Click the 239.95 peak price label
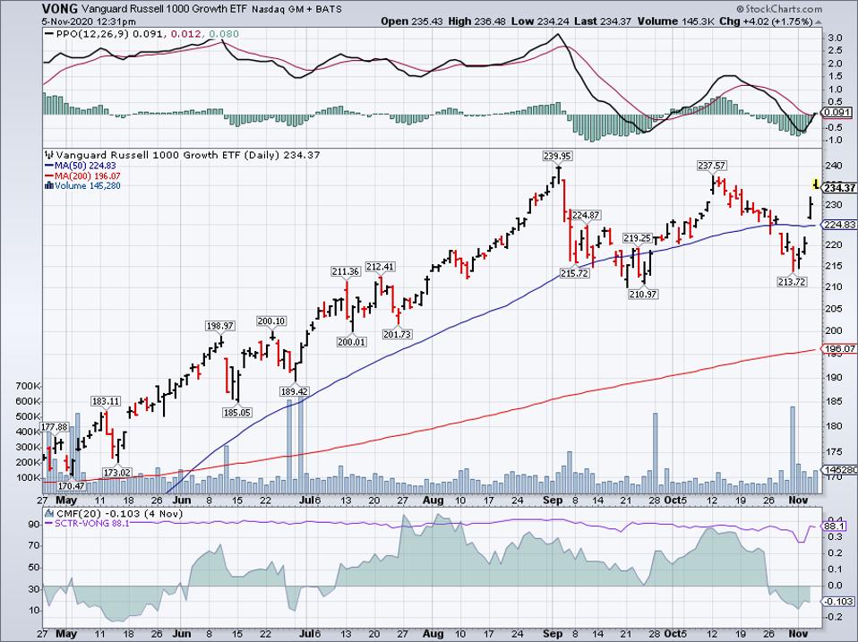point(556,156)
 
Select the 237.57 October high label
point(714,166)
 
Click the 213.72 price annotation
point(791,281)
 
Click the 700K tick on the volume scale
point(27,386)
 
